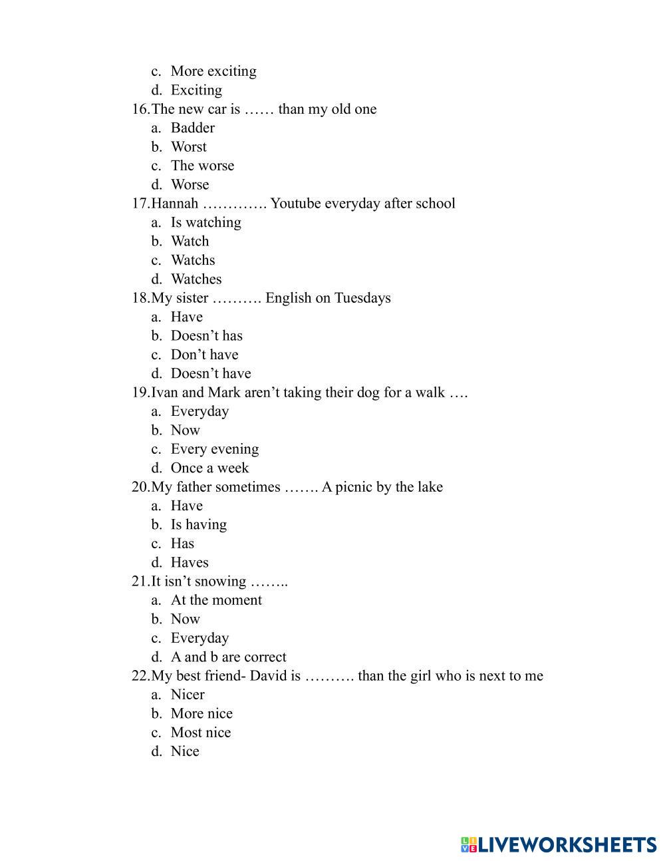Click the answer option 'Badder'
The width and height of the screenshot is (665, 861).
tap(192, 128)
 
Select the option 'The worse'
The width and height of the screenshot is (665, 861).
tap(202, 166)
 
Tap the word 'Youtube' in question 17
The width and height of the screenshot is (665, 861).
tap(297, 203)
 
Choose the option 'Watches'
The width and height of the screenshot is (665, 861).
tap(196, 279)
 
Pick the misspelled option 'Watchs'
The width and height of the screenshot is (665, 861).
tap(192, 260)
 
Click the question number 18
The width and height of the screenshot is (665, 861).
tap(140, 298)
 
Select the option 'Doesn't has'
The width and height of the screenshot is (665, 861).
tap(206, 336)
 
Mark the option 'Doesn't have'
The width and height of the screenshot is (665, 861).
tap(210, 373)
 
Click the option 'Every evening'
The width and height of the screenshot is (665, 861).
tap(214, 449)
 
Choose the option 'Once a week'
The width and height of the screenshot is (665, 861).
tap(209, 468)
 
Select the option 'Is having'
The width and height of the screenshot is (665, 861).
tap(198, 524)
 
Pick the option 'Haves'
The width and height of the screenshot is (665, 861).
tap(190, 562)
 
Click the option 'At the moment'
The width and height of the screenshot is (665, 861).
tap(216, 600)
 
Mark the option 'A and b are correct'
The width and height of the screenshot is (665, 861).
tap(228, 657)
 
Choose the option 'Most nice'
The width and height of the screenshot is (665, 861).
tap(200, 733)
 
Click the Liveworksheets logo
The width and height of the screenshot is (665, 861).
tap(559, 845)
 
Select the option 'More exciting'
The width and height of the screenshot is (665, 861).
tap(213, 71)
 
